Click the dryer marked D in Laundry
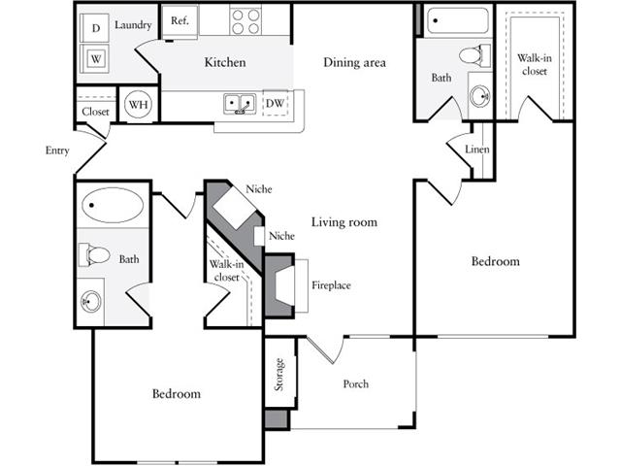[94, 28]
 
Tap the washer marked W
[94, 58]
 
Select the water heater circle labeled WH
[138, 104]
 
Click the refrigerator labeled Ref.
[180, 22]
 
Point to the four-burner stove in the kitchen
[245, 21]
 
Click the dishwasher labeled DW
[275, 103]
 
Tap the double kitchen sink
[240, 104]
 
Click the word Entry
[57, 150]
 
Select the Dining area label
[354, 62]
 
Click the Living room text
[344, 222]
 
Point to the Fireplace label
[331, 285]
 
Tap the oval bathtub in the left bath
[113, 205]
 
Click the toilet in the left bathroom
[94, 254]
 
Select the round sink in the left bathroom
[91, 302]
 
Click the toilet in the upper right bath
[474, 55]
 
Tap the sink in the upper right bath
[480, 95]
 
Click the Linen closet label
[477, 150]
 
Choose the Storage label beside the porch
[279, 375]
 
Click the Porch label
[356, 384]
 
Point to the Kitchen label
[225, 62]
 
